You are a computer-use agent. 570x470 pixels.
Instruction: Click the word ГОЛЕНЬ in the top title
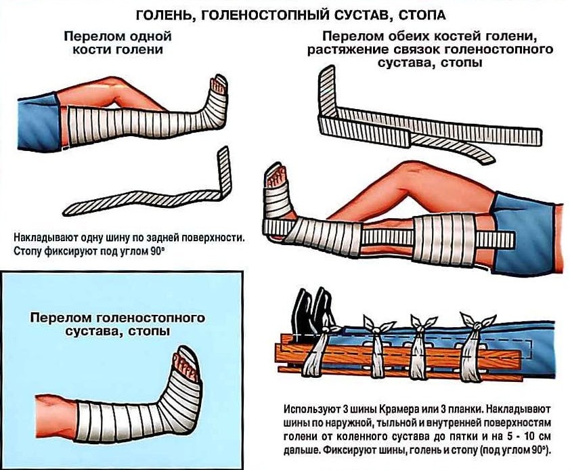pos(164,13)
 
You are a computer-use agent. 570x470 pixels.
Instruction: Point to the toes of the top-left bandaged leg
pos(218,84)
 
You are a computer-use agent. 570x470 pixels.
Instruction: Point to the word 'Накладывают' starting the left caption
pos(41,238)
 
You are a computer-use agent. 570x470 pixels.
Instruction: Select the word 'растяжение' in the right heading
pos(342,50)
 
